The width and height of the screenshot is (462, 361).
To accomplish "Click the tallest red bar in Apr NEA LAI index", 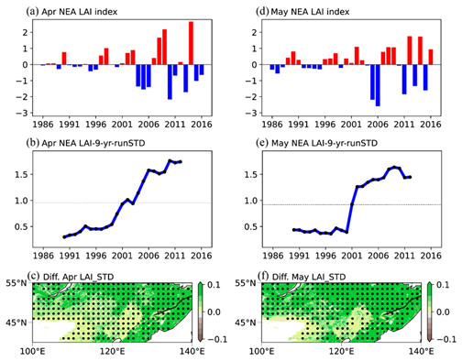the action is pyautogui.click(x=191, y=43).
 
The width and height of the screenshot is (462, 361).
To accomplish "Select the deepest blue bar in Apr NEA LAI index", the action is pyautogui.click(x=170, y=82).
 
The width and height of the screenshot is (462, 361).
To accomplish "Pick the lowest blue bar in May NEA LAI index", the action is pyautogui.click(x=378, y=85).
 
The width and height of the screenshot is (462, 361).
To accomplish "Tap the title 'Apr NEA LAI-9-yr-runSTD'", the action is pyautogui.click(x=93, y=143).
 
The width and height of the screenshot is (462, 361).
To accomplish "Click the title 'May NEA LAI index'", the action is pyautogui.click(x=310, y=12).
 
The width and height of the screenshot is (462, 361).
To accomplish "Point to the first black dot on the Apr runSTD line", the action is pyautogui.click(x=64, y=237).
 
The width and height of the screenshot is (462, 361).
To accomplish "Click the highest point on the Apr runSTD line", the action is pyautogui.click(x=170, y=160).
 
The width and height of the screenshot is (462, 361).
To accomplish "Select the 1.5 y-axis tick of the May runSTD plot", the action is pyautogui.click(x=250, y=175).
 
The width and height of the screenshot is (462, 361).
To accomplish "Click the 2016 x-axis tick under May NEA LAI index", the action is pyautogui.click(x=431, y=125).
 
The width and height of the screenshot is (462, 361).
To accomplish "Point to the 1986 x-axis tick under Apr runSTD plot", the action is pyautogui.click(x=43, y=256).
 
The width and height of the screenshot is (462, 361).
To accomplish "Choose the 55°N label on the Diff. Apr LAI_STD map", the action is pyautogui.click(x=16, y=283).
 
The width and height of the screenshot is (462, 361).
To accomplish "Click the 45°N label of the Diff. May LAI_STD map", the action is pyautogui.click(x=246, y=323).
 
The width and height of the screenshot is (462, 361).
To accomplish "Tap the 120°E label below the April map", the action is pyautogui.click(x=113, y=352).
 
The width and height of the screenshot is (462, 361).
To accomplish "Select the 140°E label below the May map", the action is pyautogui.click(x=421, y=352).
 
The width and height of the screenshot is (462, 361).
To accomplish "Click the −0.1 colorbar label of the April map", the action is pyautogui.click(x=217, y=339).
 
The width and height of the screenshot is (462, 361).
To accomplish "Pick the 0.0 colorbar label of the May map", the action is pyautogui.click(x=443, y=312).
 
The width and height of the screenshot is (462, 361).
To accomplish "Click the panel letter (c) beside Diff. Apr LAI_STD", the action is pyautogui.click(x=33, y=277).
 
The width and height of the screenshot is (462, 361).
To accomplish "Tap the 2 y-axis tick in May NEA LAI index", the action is pyautogui.click(x=255, y=32).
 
